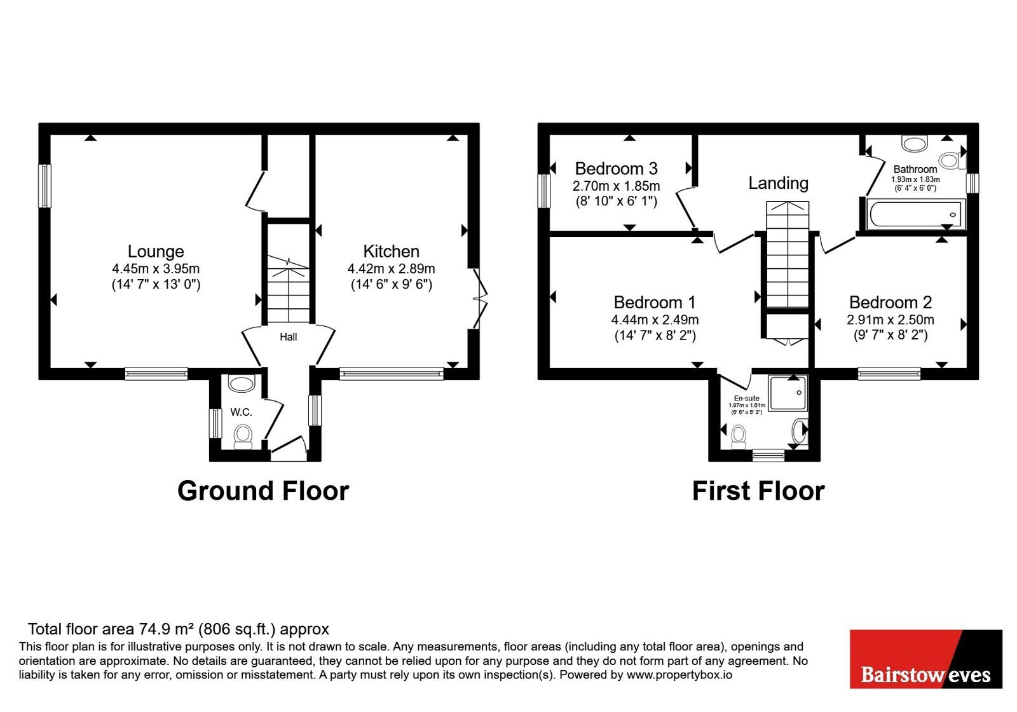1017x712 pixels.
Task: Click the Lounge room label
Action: coord(156,251)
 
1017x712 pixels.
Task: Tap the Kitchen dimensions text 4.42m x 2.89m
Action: coord(392,269)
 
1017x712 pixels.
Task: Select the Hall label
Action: coord(289,337)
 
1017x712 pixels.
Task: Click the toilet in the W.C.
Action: coord(243,436)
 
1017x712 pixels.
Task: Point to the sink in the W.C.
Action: coord(241,383)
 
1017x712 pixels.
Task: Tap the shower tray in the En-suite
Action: coord(789,393)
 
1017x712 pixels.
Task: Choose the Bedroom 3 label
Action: coord(616,168)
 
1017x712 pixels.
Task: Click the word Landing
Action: coord(778,183)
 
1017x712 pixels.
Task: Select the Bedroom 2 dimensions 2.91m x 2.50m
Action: coord(891,320)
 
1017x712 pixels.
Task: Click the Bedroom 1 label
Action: coord(655,303)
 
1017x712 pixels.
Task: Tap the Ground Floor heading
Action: coord(263,491)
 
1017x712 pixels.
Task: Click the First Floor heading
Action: coord(758,491)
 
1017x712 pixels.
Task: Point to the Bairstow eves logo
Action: coord(925,659)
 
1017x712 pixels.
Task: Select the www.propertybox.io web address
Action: coord(679,674)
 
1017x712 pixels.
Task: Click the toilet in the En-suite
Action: coord(739,437)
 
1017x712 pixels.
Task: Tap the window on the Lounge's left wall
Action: coord(44,186)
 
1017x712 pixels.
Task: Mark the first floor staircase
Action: coord(788,255)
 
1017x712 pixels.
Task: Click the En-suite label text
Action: coord(747,398)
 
